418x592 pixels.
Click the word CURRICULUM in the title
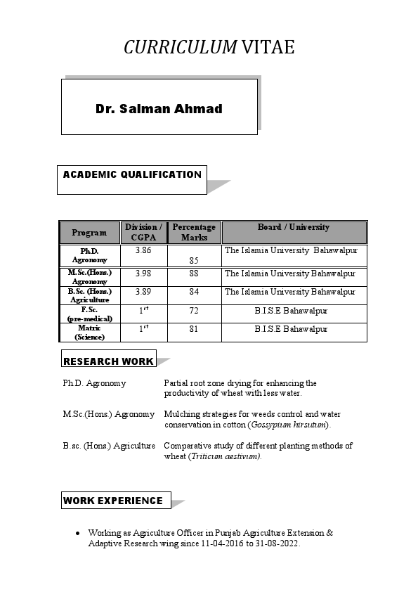[x=181, y=47]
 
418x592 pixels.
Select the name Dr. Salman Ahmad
[x=159, y=109]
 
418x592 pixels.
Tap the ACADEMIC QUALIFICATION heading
[x=132, y=175]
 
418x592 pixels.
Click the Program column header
[x=89, y=233]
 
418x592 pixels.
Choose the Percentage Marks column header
[x=194, y=233]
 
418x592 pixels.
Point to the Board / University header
[x=294, y=227]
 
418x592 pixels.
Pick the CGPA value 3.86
[x=143, y=250]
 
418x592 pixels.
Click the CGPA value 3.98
[x=143, y=273]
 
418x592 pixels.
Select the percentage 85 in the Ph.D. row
[x=194, y=260]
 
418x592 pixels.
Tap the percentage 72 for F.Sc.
[x=194, y=310]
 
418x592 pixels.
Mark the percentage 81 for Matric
[x=194, y=328]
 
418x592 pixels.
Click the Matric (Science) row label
[x=89, y=333]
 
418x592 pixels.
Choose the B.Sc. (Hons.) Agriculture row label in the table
[x=89, y=295]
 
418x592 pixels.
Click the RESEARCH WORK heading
[x=108, y=361]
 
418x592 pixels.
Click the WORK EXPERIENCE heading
[x=113, y=501]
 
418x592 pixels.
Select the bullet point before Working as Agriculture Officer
[x=77, y=534]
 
